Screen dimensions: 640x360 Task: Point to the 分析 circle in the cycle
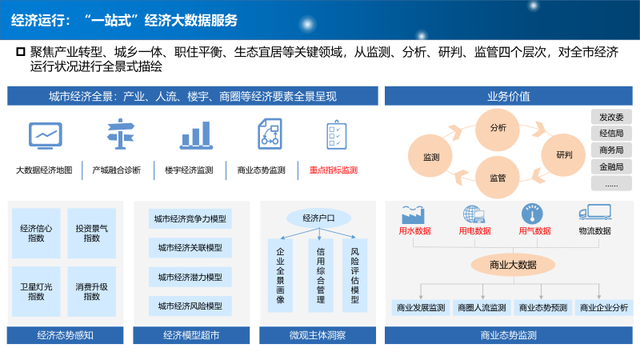[498, 128]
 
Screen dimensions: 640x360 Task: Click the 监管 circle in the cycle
[498, 178]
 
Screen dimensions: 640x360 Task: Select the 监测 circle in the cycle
[431, 157]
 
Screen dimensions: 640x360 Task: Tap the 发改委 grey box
[611, 117]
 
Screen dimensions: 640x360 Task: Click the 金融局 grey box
[611, 166]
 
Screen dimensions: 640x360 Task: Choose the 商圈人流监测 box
[482, 307]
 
